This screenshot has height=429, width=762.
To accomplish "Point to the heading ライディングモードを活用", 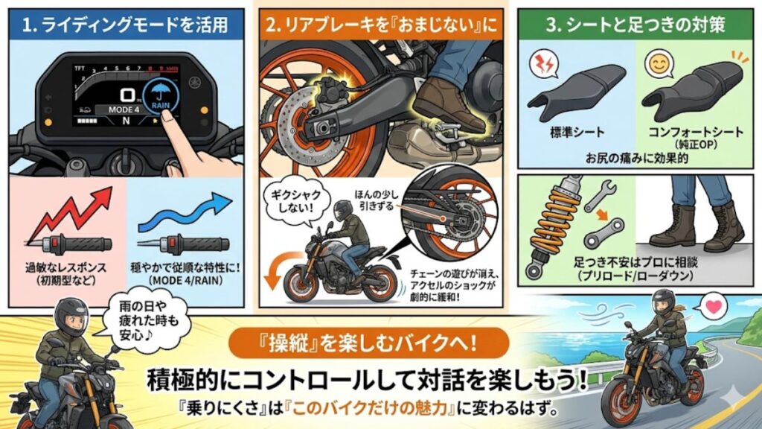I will click(x=129, y=25).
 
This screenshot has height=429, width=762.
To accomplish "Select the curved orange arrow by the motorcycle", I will click(x=272, y=276).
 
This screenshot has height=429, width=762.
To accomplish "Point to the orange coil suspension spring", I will click(x=551, y=223).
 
